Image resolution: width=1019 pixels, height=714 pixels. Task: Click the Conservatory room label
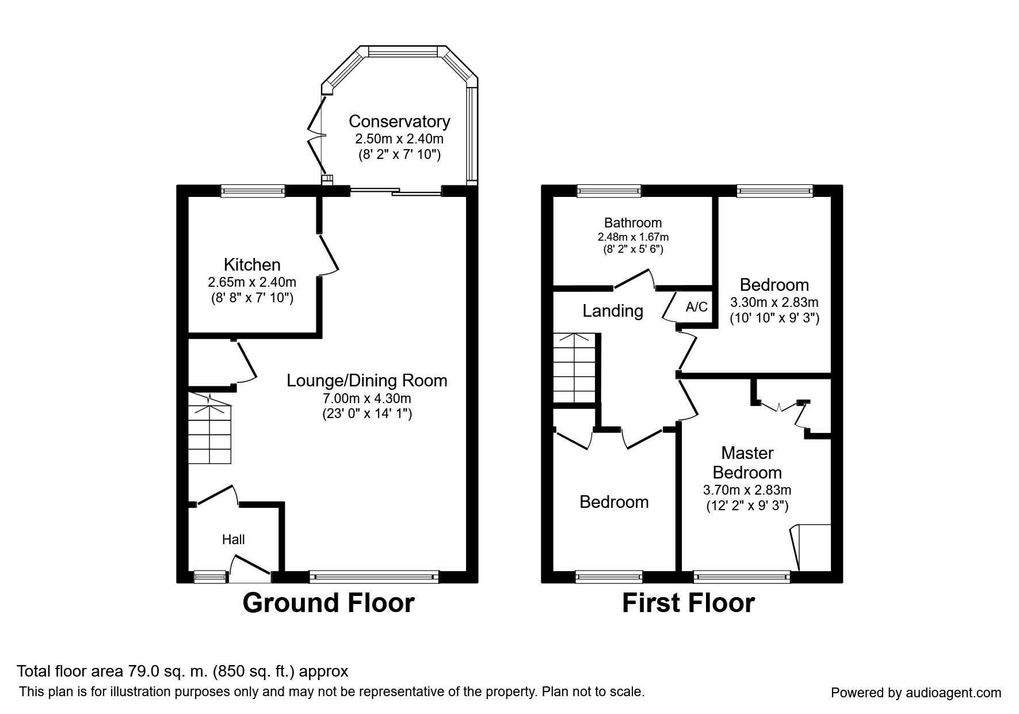pos(399,122)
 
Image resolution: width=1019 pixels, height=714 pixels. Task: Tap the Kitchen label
pos(252,265)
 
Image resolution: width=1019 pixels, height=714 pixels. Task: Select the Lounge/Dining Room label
pos(367,381)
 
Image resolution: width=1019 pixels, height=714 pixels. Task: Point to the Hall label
pos(234,540)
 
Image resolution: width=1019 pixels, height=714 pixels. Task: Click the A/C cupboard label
pos(697,307)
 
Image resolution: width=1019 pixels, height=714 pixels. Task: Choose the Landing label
pos(613,312)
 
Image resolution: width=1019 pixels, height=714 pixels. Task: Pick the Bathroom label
pos(633,223)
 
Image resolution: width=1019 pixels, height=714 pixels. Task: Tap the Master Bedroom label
pos(747,462)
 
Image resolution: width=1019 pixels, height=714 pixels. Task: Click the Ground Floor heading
pos(329,603)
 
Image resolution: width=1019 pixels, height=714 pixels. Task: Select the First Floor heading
pos(688,603)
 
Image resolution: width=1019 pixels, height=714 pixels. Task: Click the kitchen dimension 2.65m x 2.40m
pos(252,282)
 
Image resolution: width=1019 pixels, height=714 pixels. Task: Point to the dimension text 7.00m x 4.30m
pos(367,398)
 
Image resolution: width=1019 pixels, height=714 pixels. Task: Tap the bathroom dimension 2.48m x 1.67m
pos(633,237)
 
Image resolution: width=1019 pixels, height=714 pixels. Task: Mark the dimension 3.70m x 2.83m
pos(747,490)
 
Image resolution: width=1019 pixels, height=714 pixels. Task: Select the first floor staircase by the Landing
pos(574,368)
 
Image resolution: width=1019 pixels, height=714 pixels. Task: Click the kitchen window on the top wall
pos(253,191)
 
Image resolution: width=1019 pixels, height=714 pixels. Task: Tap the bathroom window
pos(609,191)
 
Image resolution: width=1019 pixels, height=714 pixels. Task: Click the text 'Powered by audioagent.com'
pos(916,693)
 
